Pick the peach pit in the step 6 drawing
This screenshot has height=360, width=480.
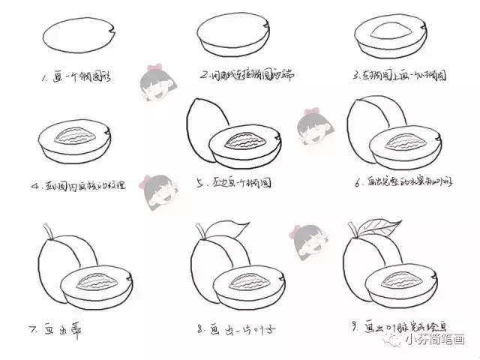point(402,141)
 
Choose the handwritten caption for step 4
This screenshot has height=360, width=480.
point(82,184)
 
